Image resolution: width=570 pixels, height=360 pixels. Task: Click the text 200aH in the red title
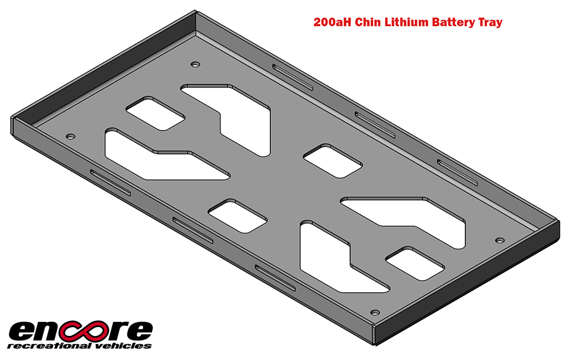coord(332,22)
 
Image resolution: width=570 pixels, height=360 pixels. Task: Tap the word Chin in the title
coord(369,22)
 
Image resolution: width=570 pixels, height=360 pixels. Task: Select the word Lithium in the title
coord(407,22)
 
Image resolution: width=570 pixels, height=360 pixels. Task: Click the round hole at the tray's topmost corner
coord(194,64)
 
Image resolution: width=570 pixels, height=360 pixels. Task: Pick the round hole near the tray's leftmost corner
coord(70,136)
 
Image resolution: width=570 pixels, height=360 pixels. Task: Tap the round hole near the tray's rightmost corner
coord(499,241)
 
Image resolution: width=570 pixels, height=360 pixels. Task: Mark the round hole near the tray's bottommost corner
coord(374,312)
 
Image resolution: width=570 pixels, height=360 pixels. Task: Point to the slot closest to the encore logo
coord(110,182)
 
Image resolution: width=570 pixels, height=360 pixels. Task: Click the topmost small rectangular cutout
coord(155,113)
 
